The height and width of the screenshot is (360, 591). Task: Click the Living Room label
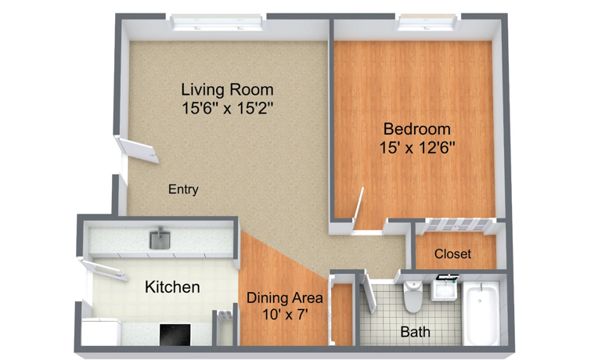pos(227,90)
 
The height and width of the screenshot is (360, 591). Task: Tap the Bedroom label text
pos(417,129)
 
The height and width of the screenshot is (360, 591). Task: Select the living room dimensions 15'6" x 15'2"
pos(227,108)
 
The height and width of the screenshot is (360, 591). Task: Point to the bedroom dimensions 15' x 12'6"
pos(417,147)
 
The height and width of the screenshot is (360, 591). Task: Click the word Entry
pos(183,189)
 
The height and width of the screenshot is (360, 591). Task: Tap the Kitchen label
pos(172,287)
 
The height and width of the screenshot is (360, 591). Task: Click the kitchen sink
pos(160,239)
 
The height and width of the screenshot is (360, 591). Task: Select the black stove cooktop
pos(175,334)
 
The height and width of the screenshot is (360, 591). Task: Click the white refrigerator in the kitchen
pos(101,332)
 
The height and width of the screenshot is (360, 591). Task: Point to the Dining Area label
pos(285,298)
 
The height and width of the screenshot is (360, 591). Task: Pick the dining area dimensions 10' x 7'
pos(285,315)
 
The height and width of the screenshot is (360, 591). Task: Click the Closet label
pos(452,254)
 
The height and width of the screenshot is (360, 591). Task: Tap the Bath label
pos(415,332)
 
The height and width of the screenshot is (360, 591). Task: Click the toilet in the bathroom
pos(413,297)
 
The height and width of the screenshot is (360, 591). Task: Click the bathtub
pos(481,314)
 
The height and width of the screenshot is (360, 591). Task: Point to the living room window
pos(216,23)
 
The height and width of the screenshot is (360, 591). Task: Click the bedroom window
pos(428,23)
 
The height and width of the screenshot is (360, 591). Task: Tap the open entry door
pos(138,150)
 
